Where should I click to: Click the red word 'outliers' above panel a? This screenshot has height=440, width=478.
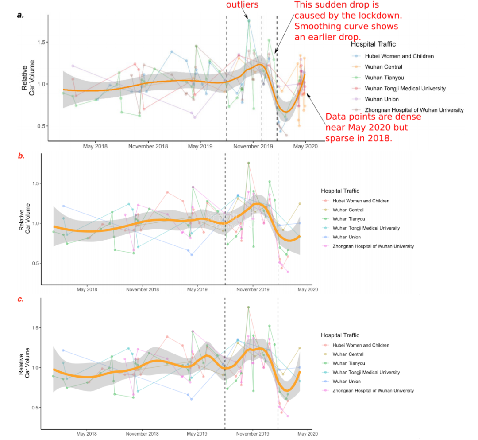pos(242,5)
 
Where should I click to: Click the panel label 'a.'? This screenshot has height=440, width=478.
pos(20,15)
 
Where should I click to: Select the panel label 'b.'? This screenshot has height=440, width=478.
pos(21,156)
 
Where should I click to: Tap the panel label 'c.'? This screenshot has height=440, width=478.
pos(20,299)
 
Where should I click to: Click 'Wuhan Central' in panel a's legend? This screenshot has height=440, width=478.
pos(383,67)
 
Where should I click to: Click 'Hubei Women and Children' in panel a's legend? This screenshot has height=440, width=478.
pos(399,56)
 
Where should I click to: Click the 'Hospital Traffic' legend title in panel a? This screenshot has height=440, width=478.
pos(373,44)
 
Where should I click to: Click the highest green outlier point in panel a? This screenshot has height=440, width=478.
pos(249,20)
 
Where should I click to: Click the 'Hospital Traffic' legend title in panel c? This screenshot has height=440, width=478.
pos(340,335)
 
